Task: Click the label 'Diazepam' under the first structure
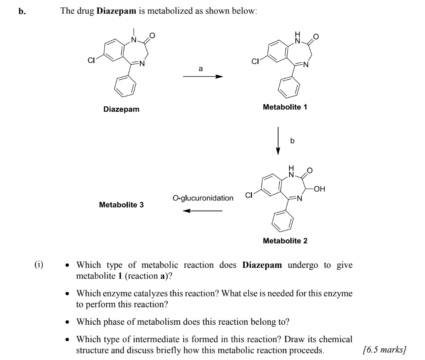(x=121, y=110)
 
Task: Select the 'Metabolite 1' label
(x=285, y=107)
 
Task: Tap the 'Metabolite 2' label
(x=285, y=241)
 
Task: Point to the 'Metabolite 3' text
(x=122, y=205)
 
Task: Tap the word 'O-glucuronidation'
(x=203, y=198)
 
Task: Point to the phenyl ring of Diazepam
(x=129, y=88)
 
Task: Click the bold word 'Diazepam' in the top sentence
(x=116, y=11)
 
